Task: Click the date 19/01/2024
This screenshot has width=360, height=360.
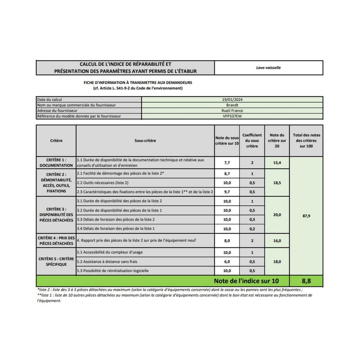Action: pos(232,100)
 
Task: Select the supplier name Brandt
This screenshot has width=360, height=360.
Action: pos(232,105)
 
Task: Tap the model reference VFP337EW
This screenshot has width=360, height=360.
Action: pos(232,116)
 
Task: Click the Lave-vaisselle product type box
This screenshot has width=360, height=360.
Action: pos(268,68)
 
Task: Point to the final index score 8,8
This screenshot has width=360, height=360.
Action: pos(306,281)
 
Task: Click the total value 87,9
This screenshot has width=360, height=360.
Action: pos(306,216)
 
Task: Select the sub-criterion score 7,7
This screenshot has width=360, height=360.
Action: pos(227,163)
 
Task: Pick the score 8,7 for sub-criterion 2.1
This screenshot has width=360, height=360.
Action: pos(227,174)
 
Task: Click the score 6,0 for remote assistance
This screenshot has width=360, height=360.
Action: pos(227,262)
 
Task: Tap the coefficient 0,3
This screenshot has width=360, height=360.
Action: pos(252,220)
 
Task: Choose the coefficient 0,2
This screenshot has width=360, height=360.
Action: pos(252,229)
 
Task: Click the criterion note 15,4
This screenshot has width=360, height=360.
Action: pos(277,163)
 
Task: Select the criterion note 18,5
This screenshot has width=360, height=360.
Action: pos(277,183)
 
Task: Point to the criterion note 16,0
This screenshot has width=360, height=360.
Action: pos(277,241)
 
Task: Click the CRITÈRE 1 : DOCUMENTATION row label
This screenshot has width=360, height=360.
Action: pos(56,163)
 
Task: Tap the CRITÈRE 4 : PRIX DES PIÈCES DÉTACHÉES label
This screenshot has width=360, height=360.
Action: pos(56,241)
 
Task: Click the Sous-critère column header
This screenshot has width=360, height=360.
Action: pos(145,141)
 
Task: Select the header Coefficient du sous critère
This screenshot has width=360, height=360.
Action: pos(252,141)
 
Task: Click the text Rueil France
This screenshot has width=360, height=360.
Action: pos(232,111)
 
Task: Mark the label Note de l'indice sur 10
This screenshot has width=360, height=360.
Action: pos(246,281)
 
